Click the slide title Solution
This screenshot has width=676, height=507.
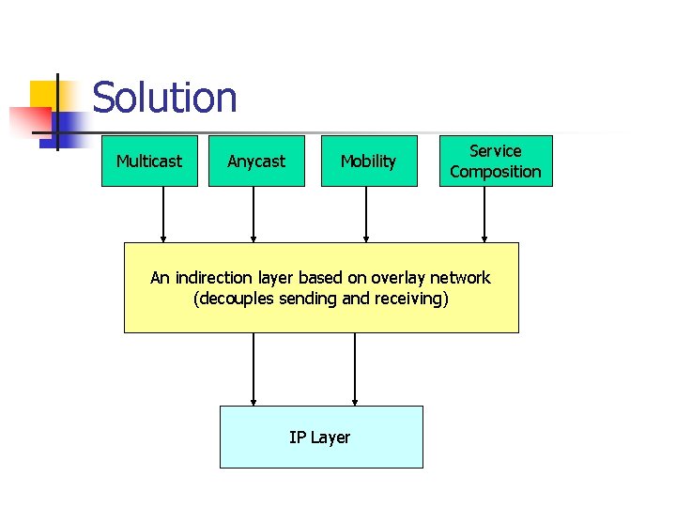coord(164,98)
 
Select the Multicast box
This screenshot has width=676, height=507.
coord(149,161)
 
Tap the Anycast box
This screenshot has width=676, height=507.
coord(256,161)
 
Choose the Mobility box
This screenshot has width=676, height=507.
coord(368,161)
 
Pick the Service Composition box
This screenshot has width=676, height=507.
coord(496,161)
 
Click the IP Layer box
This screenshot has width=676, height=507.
coord(321,437)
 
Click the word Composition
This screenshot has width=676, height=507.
coord(496,172)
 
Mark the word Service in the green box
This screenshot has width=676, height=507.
coord(496,151)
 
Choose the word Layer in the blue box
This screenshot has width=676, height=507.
coord(330,438)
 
